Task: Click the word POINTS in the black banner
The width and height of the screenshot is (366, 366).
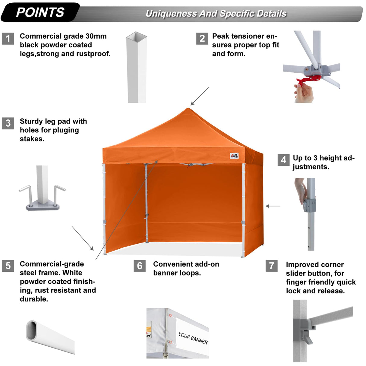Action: (x=40, y=12)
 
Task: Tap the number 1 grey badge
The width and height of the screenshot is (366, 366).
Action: (x=8, y=39)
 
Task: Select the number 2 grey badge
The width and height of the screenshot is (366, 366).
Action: (x=202, y=39)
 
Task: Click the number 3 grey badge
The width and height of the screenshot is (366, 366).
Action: (x=8, y=123)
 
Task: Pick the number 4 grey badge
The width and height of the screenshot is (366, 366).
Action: (x=283, y=160)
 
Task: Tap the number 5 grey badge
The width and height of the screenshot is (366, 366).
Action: (x=8, y=266)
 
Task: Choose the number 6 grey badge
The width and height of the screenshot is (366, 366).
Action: (x=140, y=266)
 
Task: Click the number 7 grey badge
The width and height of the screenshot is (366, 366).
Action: (x=272, y=266)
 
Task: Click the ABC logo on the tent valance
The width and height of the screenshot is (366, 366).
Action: (x=234, y=156)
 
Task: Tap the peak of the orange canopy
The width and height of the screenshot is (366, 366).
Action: (x=188, y=109)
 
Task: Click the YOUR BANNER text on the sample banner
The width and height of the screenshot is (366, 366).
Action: (x=193, y=338)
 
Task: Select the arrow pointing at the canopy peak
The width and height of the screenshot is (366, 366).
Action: (x=199, y=96)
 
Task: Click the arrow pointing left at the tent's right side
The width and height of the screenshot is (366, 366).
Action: (x=273, y=206)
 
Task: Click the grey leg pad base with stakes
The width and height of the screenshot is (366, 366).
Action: (x=43, y=207)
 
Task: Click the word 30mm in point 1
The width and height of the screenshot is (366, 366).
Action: (x=96, y=36)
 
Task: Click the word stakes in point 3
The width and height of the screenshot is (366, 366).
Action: (x=32, y=139)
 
